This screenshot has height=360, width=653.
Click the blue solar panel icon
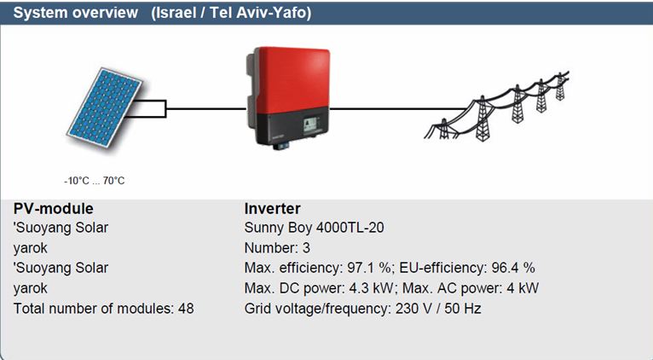[105, 108]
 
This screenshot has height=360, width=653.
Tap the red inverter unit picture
[288, 97]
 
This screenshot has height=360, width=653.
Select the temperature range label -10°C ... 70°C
[95, 181]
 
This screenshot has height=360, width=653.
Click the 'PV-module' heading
[54, 208]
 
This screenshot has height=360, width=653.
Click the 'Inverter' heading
[272, 208]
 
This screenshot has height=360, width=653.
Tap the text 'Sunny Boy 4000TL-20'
[314, 228]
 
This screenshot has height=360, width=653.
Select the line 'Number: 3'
[277, 248]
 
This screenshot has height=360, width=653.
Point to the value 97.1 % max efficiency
[369, 268]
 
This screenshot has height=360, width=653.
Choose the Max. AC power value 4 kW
[523, 288]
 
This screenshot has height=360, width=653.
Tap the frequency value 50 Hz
[463, 309]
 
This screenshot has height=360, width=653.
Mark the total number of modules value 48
[186, 309]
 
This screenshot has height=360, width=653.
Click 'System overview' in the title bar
[75, 13]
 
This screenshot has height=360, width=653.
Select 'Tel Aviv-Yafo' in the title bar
[258, 13]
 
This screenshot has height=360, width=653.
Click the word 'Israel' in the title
[176, 13]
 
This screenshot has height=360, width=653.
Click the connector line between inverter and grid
[398, 109]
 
